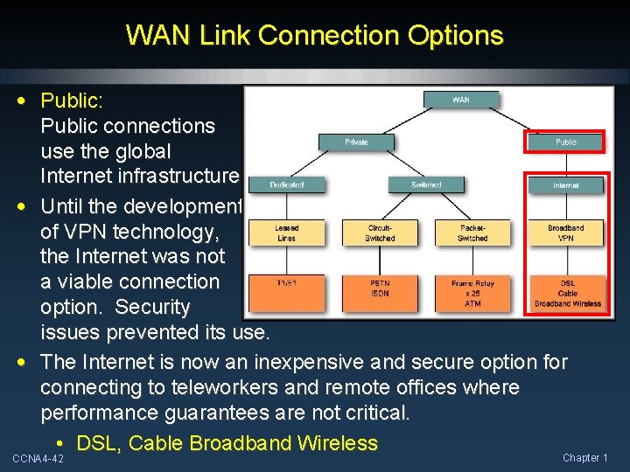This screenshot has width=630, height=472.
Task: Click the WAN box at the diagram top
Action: point(460,100)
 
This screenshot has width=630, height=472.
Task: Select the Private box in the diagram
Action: point(356,142)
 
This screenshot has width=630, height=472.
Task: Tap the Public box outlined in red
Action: point(566,142)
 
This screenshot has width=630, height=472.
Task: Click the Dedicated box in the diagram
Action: point(286,184)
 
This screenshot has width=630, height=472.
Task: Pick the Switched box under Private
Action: point(426,184)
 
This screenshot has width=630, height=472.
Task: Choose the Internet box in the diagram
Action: point(566,185)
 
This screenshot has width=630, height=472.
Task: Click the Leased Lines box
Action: point(286,233)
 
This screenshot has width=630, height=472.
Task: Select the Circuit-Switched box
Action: point(380,233)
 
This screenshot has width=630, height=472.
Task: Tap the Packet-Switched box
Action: point(472,233)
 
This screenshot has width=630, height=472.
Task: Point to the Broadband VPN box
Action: point(566,233)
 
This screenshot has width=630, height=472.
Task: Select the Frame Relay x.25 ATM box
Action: point(472,293)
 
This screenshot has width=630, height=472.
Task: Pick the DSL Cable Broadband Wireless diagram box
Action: point(566,293)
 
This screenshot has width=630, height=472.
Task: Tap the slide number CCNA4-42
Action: point(38,458)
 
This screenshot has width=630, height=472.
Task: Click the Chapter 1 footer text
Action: point(584,458)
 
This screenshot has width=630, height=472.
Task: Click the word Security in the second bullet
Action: point(153,308)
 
